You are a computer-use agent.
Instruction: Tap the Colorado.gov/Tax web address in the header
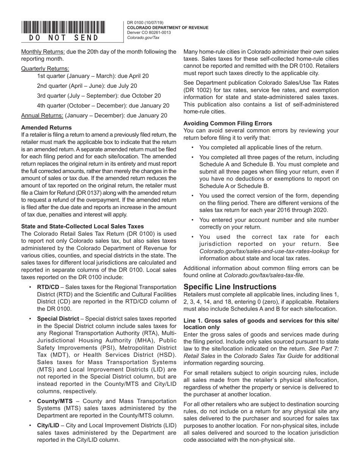143,38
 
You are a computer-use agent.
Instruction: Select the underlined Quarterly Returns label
45,69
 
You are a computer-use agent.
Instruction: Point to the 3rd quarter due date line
99,96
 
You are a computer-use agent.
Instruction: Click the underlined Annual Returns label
42,116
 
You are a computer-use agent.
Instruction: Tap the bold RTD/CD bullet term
48,287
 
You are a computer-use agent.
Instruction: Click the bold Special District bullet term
58,319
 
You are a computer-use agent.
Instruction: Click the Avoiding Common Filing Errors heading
227,124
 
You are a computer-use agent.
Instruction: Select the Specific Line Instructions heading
230,287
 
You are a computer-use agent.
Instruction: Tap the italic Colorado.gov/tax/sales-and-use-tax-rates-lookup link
264,251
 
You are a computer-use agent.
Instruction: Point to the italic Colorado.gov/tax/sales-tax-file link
264,275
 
